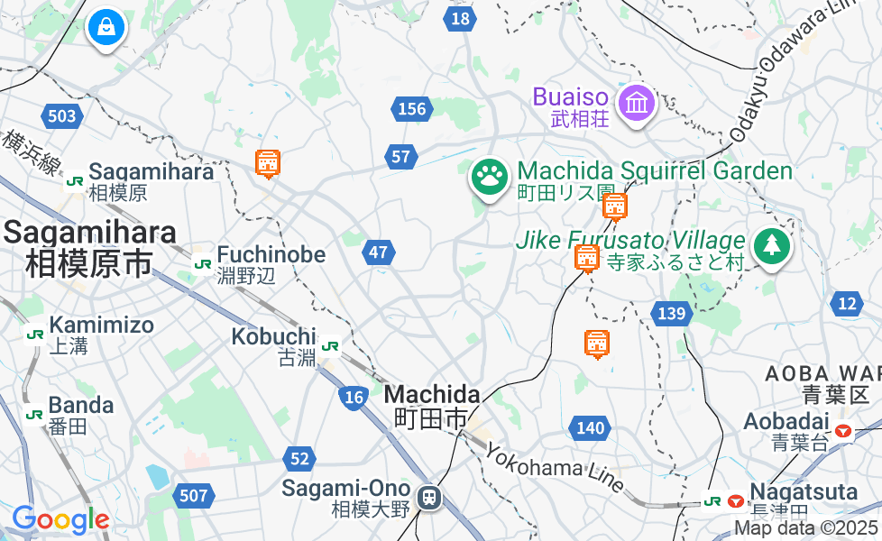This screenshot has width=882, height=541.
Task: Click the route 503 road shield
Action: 62,115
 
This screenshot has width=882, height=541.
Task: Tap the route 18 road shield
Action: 460,18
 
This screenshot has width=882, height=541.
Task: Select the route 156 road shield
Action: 411,109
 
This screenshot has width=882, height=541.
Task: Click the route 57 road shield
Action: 400,157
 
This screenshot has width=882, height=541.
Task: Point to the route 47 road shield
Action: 380,252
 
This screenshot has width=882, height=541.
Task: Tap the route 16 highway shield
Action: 353,396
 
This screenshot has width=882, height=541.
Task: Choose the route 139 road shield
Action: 672,314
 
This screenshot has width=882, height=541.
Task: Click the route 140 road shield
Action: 590,427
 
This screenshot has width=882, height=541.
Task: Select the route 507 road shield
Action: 193,495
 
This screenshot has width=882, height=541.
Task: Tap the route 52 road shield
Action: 299,459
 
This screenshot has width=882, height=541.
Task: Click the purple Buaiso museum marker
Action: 637,103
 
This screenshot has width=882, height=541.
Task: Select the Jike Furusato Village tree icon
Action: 771,245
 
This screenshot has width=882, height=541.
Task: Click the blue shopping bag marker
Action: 106,27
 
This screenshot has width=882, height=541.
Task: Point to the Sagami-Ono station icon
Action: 430,497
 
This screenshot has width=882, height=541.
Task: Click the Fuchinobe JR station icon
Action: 203,263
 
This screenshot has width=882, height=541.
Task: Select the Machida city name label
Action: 431,406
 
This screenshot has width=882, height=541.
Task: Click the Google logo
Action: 60,520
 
